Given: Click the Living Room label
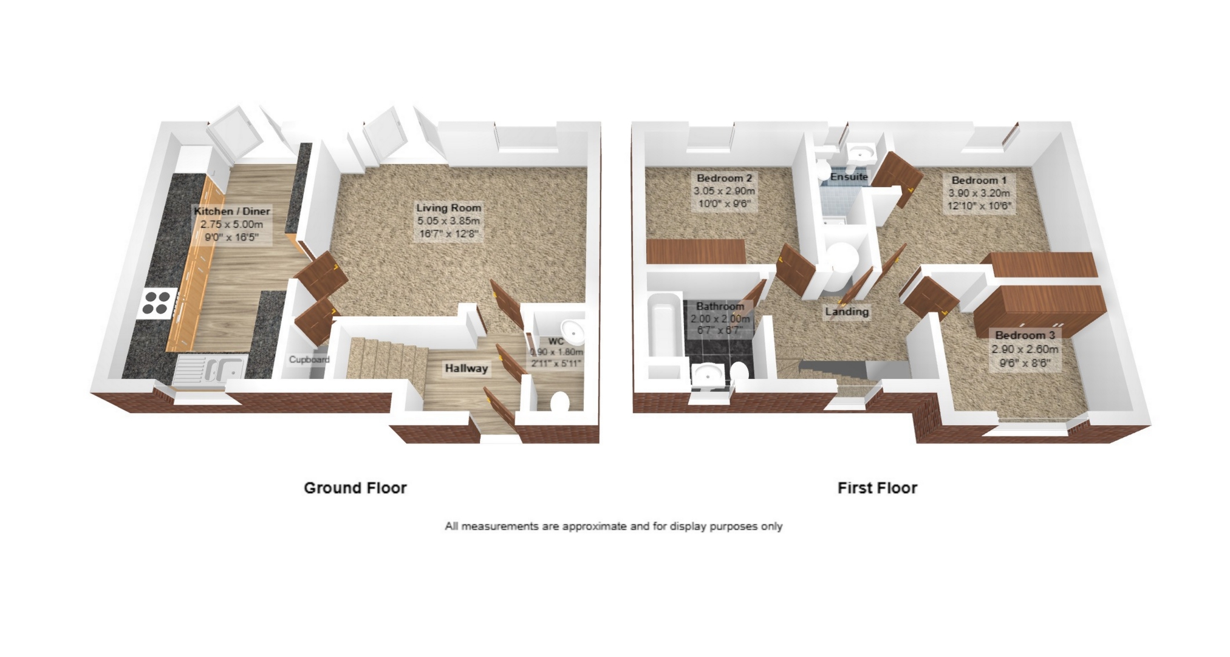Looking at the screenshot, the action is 448,208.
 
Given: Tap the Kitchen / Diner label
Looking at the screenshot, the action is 232,211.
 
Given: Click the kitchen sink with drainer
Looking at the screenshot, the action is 210,370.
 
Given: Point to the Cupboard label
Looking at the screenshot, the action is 309,359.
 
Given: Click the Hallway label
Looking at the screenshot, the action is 466,369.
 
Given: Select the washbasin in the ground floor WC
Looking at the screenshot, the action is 572,332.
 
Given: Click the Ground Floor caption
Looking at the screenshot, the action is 355,488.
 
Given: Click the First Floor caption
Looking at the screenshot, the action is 877,488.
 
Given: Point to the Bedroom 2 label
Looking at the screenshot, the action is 724,179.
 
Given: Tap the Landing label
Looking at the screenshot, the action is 846,312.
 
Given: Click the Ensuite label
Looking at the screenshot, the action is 849,177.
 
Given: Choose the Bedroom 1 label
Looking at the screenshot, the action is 979,180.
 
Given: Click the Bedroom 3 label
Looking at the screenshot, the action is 1025,335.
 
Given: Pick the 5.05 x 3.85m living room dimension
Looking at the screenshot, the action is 448,221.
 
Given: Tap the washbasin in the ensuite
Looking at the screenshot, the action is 861,152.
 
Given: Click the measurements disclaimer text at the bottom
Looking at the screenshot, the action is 613,526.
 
